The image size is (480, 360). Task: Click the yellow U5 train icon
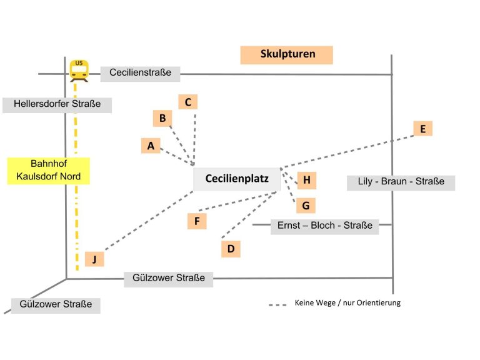tap(79, 71)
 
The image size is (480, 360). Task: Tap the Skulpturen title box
tap(286, 55)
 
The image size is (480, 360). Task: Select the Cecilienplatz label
tap(237, 179)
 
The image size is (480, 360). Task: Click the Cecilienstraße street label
tap(140, 74)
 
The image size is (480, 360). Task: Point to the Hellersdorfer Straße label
tap(57, 105)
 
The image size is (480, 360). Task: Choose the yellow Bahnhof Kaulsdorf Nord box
tap(48, 171)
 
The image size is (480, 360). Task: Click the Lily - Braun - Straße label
tap(401, 182)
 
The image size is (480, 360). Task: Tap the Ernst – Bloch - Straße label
tap(324, 227)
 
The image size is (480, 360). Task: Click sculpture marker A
tap(151, 146)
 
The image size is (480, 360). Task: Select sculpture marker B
tap(162, 118)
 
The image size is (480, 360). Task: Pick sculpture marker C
tap(188, 102)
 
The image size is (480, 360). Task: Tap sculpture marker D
tap(231, 249)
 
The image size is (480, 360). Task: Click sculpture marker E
tap(422, 129)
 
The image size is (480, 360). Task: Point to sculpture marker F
tap(197, 221)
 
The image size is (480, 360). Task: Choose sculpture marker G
tap(306, 206)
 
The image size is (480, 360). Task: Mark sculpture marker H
tap(306, 180)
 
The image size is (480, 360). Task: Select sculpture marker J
tap(94, 259)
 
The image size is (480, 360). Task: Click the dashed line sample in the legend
tap(277, 305)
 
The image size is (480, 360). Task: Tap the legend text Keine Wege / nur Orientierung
tap(347, 303)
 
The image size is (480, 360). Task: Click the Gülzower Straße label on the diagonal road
tap(56, 305)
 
